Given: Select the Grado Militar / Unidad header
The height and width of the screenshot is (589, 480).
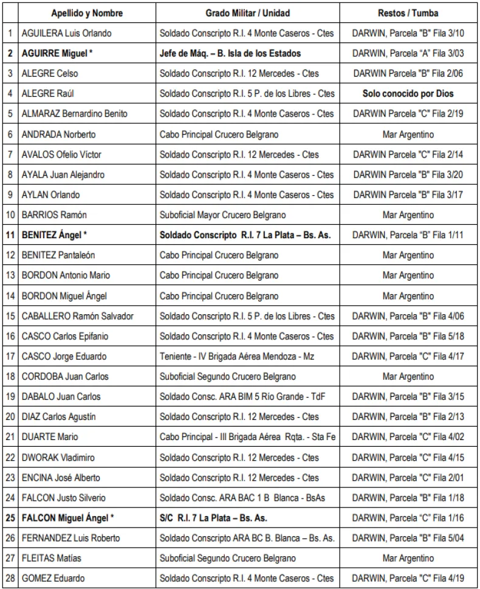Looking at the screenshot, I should pyautogui.click(x=247, y=13).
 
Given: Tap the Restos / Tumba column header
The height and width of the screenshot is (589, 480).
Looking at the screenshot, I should pyautogui.click(x=408, y=13).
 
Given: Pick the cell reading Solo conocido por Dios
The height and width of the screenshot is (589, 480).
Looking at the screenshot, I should pyautogui.click(x=408, y=94).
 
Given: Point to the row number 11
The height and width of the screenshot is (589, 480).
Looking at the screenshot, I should pyautogui.click(x=10, y=235).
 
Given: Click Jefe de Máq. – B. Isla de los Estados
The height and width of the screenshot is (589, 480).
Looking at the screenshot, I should pyautogui.click(x=230, y=53).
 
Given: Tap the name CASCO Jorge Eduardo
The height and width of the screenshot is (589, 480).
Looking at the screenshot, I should pyautogui.click(x=63, y=356).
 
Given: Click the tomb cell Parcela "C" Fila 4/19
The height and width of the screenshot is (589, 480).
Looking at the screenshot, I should pyautogui.click(x=408, y=579).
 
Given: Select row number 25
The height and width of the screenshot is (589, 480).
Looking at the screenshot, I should pyautogui.click(x=10, y=518).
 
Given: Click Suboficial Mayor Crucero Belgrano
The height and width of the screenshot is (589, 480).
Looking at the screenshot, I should pyautogui.click(x=223, y=215).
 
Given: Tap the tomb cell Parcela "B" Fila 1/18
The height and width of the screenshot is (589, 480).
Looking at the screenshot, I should pyautogui.click(x=408, y=498).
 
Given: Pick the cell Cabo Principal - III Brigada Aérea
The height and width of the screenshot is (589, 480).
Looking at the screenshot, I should pyautogui.click(x=247, y=437).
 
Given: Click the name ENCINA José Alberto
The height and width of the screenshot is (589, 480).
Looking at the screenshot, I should pyautogui.click(x=61, y=478).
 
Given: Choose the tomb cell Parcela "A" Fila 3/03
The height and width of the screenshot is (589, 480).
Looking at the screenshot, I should pyautogui.click(x=408, y=53).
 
